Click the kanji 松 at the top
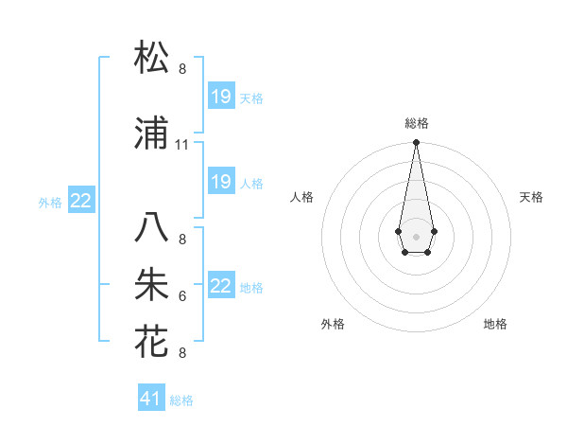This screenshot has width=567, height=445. coord(151,58)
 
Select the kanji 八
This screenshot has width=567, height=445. coord(151,228)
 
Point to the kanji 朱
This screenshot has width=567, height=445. coord(151,285)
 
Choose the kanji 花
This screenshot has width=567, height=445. coord(151,342)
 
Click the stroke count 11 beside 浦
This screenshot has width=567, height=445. coord(182,145)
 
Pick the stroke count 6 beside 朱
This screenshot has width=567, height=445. coord(182,296)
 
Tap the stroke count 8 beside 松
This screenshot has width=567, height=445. coord(182,69)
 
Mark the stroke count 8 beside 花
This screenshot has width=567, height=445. coord(182,353)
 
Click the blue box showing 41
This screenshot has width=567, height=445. coord(151,399)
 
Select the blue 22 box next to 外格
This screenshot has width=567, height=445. coord(81,200)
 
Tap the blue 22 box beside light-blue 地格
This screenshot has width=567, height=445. coord(220,286)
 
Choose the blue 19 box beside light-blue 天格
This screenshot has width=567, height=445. coord(220,96)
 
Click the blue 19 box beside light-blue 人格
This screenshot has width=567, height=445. coord(220,182)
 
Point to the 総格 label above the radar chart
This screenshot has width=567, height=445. coord(416,123)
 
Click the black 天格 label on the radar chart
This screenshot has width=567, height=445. coord(531,197)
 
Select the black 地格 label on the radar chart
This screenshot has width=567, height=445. coord(495,324)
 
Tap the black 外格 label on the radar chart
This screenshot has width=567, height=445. coord(333,324)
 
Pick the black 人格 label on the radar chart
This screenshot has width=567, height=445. coord(301,197)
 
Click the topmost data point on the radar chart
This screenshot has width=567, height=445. coord(416,143)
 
